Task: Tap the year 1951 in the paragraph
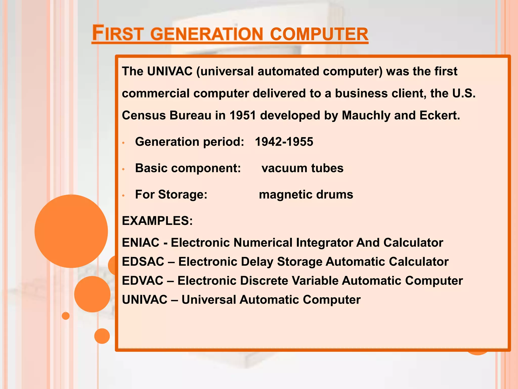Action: pos(243,115)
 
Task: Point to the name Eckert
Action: pos(440,115)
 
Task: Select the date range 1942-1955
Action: pos(284,142)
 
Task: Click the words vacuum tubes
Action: pos(303,168)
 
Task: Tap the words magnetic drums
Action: pos(306,194)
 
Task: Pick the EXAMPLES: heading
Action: pos(157,221)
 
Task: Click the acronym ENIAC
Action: pos(141,243)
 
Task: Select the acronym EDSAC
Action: pos(143,262)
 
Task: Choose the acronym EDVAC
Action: pos(143,281)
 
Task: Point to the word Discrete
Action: pos(264,281)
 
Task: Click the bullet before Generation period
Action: pos(123,143)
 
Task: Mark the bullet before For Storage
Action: pos(123,196)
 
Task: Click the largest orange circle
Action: pos(71,231)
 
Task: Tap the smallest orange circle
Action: pos(66,316)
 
